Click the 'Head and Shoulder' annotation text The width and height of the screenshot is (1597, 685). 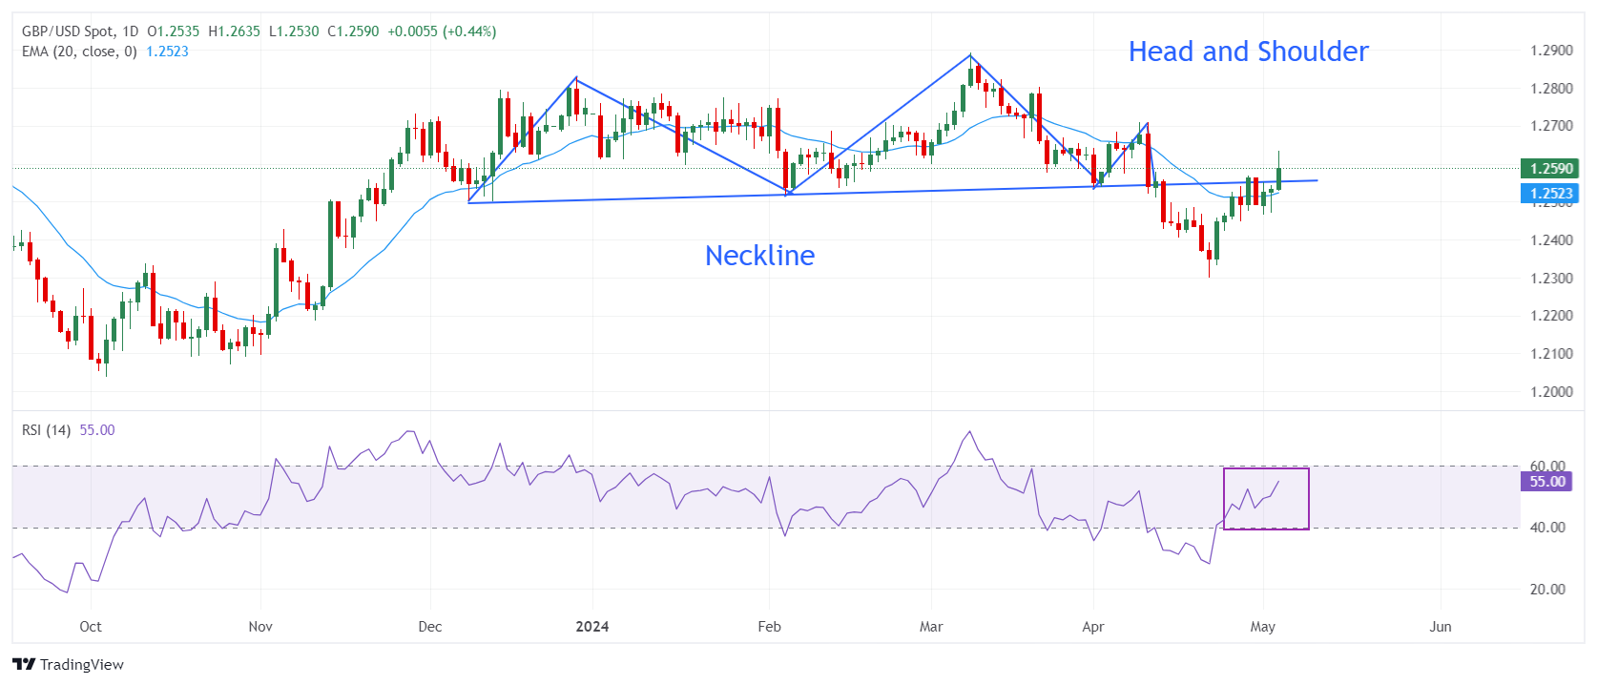click(x=1248, y=52)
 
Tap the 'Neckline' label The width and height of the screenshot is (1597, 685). click(x=759, y=256)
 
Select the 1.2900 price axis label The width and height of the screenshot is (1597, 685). click(x=1551, y=51)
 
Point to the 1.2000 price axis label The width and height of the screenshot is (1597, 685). click(x=1551, y=392)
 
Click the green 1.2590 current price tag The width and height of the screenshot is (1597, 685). click(x=1550, y=169)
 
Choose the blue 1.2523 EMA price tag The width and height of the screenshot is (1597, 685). click(x=1550, y=194)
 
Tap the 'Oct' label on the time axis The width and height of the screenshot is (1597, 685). click(x=91, y=627)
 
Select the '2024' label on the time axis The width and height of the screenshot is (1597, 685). click(x=592, y=627)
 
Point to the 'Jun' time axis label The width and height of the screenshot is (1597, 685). click(x=1441, y=627)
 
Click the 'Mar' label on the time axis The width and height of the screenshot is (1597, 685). click(x=931, y=627)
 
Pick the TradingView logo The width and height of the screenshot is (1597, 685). click(x=69, y=665)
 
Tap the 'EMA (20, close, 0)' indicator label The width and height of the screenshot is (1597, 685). click(x=79, y=52)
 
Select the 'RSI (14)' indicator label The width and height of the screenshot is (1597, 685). click(x=47, y=430)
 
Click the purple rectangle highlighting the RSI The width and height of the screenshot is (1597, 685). click(x=1266, y=499)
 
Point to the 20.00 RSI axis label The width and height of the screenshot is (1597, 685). click(x=1547, y=590)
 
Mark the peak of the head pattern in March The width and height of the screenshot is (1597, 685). click(x=970, y=55)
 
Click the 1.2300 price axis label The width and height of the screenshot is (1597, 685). click(x=1551, y=279)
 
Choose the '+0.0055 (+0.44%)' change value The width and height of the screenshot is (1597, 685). click(x=442, y=31)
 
